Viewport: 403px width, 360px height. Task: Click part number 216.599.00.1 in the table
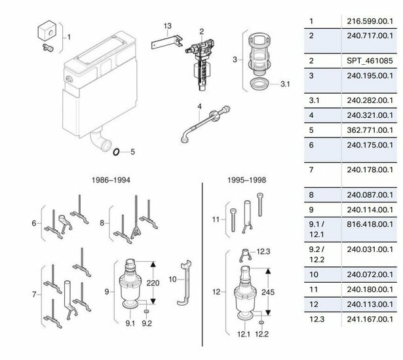point(370,21)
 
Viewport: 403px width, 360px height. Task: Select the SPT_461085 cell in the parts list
point(370,61)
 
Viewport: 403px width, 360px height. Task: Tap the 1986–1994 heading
point(111,180)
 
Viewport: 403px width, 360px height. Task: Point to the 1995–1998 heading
point(247,180)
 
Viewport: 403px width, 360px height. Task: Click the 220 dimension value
point(153,283)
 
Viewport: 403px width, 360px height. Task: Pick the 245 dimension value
point(268,292)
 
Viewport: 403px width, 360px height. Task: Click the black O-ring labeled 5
point(116,152)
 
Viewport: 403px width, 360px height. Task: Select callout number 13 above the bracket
point(167,26)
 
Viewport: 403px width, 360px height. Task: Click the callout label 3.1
point(285,84)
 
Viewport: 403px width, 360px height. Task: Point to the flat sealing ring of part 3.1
point(259,83)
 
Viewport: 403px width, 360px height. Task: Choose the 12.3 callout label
point(263,251)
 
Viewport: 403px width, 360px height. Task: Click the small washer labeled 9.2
point(147,312)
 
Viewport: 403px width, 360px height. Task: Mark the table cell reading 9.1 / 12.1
point(317,229)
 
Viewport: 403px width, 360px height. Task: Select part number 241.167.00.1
point(370,319)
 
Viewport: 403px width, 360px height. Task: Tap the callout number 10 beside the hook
point(173,279)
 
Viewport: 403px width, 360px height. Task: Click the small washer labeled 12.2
point(261,322)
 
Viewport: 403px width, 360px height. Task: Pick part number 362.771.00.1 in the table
point(370,130)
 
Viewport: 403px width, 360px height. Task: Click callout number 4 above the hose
point(200,106)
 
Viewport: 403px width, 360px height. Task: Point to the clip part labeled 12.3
point(246,255)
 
